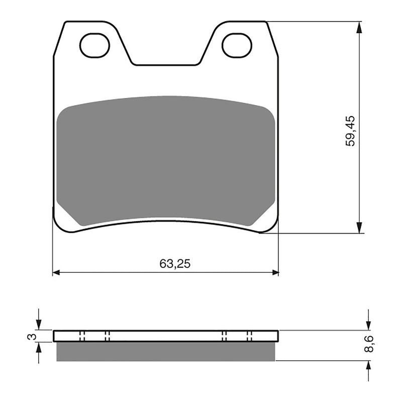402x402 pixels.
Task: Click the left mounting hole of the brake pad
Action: pyautogui.click(x=94, y=45)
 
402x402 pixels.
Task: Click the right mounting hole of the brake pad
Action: pyautogui.click(x=237, y=45)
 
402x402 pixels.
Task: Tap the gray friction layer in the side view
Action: pyautogui.click(x=166, y=351)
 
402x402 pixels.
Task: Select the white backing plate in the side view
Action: pyautogui.click(x=166, y=336)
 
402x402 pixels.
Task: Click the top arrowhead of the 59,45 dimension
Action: pyautogui.click(x=359, y=27)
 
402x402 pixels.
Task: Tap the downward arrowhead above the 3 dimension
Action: pyautogui.click(x=39, y=325)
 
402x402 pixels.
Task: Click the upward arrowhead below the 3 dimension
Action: pyautogui.click(x=39, y=348)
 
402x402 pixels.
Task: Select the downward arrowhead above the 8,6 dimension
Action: pyautogui.click(x=368, y=325)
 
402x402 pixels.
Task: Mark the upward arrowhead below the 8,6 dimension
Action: pyautogui.click(x=368, y=366)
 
